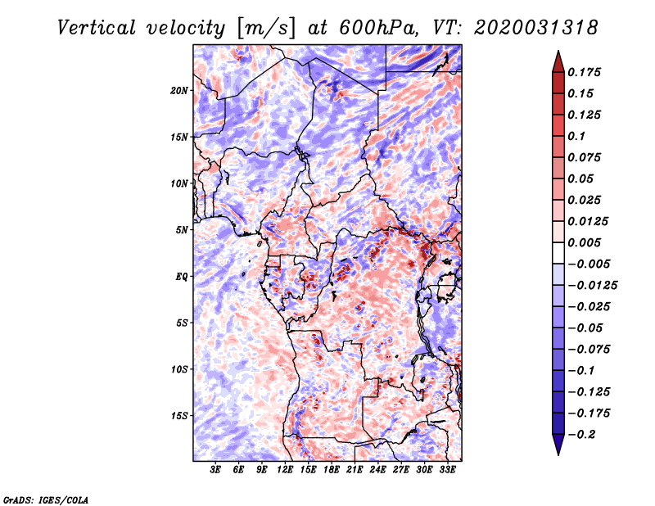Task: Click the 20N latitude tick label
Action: point(179,90)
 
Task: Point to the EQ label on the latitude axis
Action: point(182,277)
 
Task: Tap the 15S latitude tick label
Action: point(179,416)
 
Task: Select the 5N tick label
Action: point(182,230)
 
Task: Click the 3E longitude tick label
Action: point(216,470)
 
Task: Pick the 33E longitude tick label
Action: point(447,470)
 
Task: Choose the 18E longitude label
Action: point(332,470)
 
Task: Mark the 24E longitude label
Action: point(377,470)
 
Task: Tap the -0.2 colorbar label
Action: point(586,434)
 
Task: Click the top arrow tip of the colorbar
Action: point(558,52)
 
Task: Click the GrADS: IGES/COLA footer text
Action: point(45,499)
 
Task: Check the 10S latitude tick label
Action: point(179,369)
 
